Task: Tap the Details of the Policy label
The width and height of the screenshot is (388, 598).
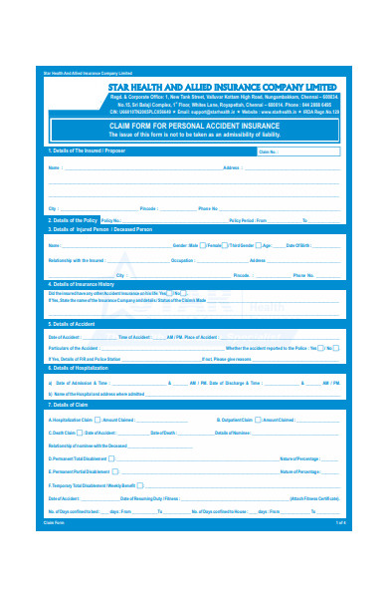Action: (x=76, y=219)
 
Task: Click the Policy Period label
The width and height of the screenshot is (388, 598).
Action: (x=249, y=219)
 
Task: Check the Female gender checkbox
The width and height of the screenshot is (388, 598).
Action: (x=225, y=244)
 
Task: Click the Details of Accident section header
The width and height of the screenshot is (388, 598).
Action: (x=75, y=324)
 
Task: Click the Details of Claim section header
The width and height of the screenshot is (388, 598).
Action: (x=72, y=405)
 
